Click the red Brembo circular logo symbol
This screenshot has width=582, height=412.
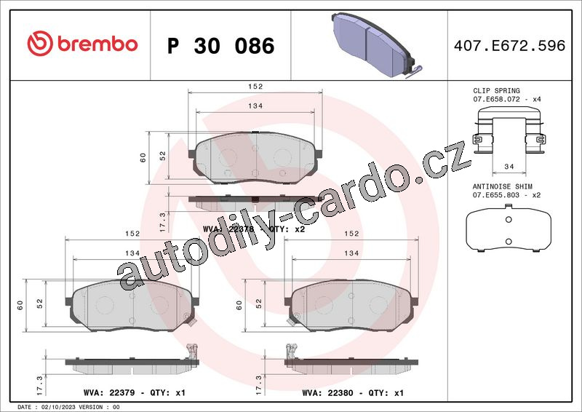click(x=40, y=44)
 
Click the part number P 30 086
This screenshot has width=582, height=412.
click(x=221, y=46)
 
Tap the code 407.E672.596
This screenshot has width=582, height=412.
click(x=510, y=45)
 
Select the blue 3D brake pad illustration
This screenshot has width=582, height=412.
click(x=376, y=45)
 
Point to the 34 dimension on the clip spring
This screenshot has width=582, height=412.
click(x=509, y=167)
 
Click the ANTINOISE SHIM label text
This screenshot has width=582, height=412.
click(x=502, y=186)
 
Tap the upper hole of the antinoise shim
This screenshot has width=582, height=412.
click(x=509, y=220)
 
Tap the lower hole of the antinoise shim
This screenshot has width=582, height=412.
click(x=509, y=242)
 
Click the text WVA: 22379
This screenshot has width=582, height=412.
click(x=109, y=392)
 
